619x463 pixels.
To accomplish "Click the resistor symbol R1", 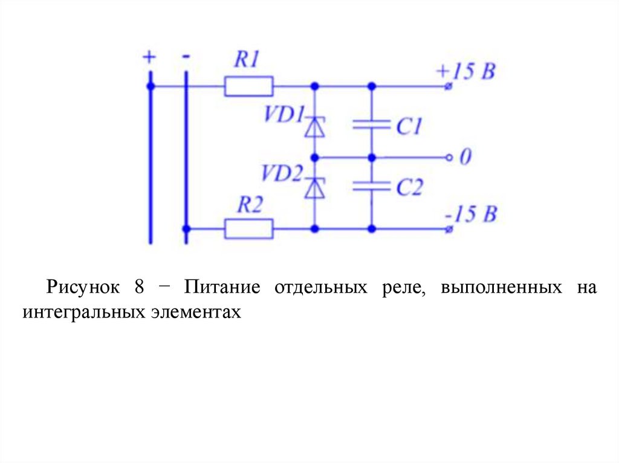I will click(248, 86).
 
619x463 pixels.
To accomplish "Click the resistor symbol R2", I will click(248, 229).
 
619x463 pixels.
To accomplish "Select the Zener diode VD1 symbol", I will click(314, 127).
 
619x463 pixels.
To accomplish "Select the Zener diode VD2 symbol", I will click(314, 188).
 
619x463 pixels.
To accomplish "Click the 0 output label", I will click(465, 158).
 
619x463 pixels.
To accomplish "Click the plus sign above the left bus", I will click(149, 57).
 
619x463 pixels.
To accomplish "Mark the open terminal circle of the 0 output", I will click(449, 158).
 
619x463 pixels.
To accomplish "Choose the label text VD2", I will click(281, 174).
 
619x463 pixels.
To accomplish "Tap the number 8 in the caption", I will click(139, 286).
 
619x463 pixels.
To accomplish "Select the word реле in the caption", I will click(398, 286).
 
